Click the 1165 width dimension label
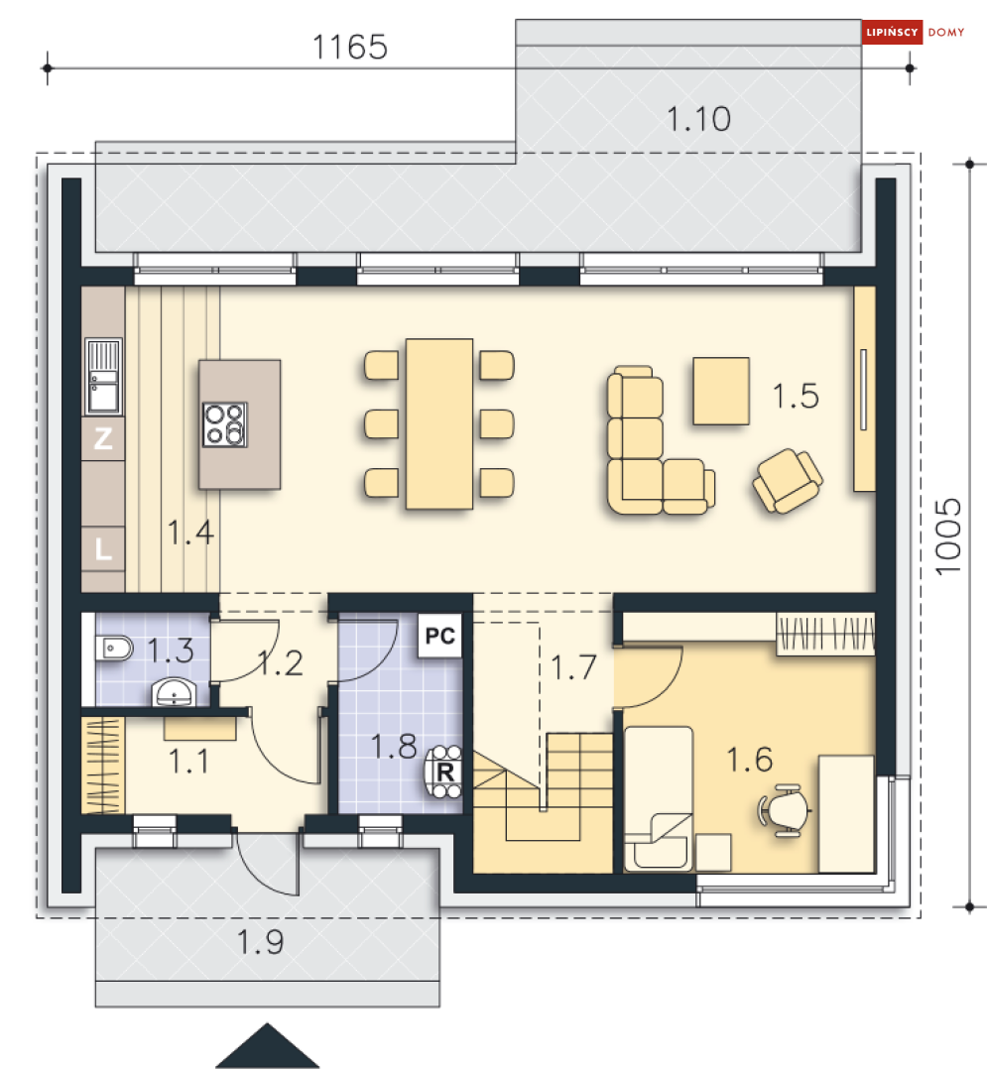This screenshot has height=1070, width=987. (x=349, y=47)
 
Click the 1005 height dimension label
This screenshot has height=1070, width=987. (x=948, y=537)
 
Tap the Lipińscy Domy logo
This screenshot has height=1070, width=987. (x=914, y=32)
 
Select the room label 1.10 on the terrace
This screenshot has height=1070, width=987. (x=698, y=119)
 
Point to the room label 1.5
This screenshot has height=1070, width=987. (x=796, y=396)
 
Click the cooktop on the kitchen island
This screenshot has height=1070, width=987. (x=224, y=424)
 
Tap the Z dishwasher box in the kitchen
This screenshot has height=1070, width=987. (x=103, y=438)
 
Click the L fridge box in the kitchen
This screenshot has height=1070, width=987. (x=103, y=548)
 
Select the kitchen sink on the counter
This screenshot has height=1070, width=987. (x=104, y=377)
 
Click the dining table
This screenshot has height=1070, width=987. (x=439, y=423)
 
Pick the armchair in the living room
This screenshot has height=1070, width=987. (x=788, y=480)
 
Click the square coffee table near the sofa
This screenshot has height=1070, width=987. (x=721, y=391)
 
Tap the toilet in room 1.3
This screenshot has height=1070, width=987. (x=113, y=648)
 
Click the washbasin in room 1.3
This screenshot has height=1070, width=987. (x=175, y=692)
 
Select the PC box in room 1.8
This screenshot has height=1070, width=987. (x=439, y=637)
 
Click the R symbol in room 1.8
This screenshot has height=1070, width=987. (x=445, y=773)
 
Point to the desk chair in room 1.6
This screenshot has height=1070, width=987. (x=785, y=811)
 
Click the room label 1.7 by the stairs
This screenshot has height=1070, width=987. (x=573, y=667)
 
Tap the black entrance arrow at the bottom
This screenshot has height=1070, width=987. (x=268, y=1045)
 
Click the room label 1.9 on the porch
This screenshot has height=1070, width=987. (x=260, y=942)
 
